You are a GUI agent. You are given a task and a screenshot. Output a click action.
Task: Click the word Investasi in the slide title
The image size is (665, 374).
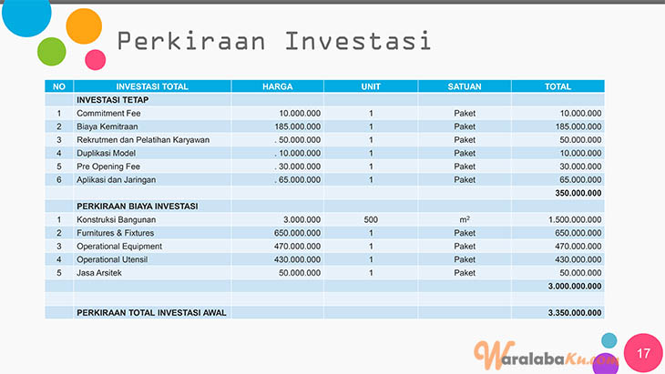click(x=358, y=41)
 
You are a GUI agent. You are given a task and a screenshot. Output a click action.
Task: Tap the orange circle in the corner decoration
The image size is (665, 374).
click(x=84, y=26)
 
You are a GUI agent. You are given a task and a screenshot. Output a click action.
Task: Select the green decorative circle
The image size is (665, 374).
click(x=52, y=52)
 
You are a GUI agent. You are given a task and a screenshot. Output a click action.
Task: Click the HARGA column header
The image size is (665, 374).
click(x=277, y=86)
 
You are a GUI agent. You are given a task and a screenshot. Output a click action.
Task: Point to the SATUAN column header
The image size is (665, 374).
click(x=465, y=86)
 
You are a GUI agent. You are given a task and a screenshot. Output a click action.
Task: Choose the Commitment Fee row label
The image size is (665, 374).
click(x=108, y=113)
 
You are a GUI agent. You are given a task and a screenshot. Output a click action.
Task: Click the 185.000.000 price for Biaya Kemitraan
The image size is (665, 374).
click(x=297, y=126)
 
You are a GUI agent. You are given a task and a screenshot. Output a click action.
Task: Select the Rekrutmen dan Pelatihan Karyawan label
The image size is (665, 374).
click(x=143, y=140)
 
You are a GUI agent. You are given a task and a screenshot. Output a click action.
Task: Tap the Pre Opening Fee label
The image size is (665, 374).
click(x=108, y=167)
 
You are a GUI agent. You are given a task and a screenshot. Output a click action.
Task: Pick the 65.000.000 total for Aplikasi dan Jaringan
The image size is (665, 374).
click(x=580, y=179)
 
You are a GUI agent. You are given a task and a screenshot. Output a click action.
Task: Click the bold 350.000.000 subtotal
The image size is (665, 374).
click(x=578, y=193)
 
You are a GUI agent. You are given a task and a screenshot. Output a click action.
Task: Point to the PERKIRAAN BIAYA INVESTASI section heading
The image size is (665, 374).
click(x=137, y=207)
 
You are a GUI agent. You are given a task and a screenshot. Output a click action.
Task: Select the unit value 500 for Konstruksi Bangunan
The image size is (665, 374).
click(x=371, y=219)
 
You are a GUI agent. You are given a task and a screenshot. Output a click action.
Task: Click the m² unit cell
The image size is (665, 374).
click(x=465, y=219)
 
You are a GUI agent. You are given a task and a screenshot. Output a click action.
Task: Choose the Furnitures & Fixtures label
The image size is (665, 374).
click(x=116, y=233)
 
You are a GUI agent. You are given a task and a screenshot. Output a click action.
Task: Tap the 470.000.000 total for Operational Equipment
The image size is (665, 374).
click(x=578, y=246)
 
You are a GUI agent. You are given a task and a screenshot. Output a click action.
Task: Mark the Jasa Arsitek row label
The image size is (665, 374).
click(x=98, y=273)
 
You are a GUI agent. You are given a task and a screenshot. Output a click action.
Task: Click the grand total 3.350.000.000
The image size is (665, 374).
click(x=575, y=313)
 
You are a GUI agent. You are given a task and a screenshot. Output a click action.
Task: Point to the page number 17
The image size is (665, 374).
click(x=643, y=353)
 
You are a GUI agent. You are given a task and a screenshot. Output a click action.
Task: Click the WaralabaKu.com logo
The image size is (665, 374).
click(x=546, y=356)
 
